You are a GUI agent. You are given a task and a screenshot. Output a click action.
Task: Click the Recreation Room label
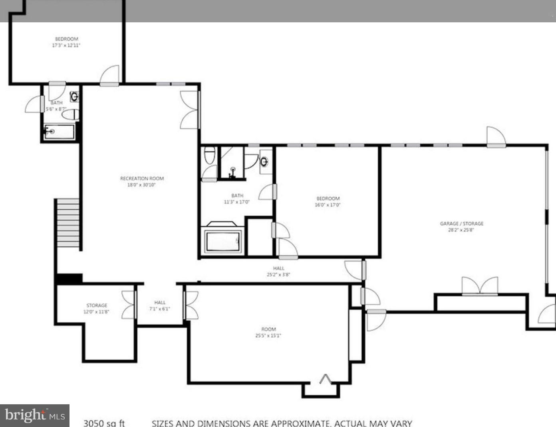[142, 178]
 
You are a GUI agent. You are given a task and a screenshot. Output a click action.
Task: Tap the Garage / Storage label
[461, 223]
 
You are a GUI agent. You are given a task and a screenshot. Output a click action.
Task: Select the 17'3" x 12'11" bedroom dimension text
[66, 45]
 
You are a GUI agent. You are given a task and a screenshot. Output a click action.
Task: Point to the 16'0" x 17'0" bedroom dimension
[328, 205]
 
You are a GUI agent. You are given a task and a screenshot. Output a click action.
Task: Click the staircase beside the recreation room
[68, 223]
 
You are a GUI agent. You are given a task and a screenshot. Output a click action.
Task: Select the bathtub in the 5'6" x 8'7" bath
[60, 132]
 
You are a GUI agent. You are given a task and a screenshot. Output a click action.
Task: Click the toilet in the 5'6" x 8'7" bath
[71, 115]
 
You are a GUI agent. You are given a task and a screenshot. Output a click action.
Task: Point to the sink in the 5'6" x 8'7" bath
[74, 96]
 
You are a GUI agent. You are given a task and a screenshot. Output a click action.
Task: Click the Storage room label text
[97, 305]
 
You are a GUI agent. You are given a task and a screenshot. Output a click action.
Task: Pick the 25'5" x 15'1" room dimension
[268, 336]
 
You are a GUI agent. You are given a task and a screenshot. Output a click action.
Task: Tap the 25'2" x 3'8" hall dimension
[278, 275]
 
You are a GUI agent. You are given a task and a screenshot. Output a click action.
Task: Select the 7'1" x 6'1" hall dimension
[160, 309]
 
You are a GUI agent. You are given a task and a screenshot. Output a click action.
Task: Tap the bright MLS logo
[35, 415]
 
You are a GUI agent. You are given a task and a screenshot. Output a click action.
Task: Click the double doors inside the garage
[480, 286]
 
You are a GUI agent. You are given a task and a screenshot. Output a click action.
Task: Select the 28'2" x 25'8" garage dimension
[461, 230]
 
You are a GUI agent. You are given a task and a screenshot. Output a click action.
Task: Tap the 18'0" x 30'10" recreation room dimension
[141, 185]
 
